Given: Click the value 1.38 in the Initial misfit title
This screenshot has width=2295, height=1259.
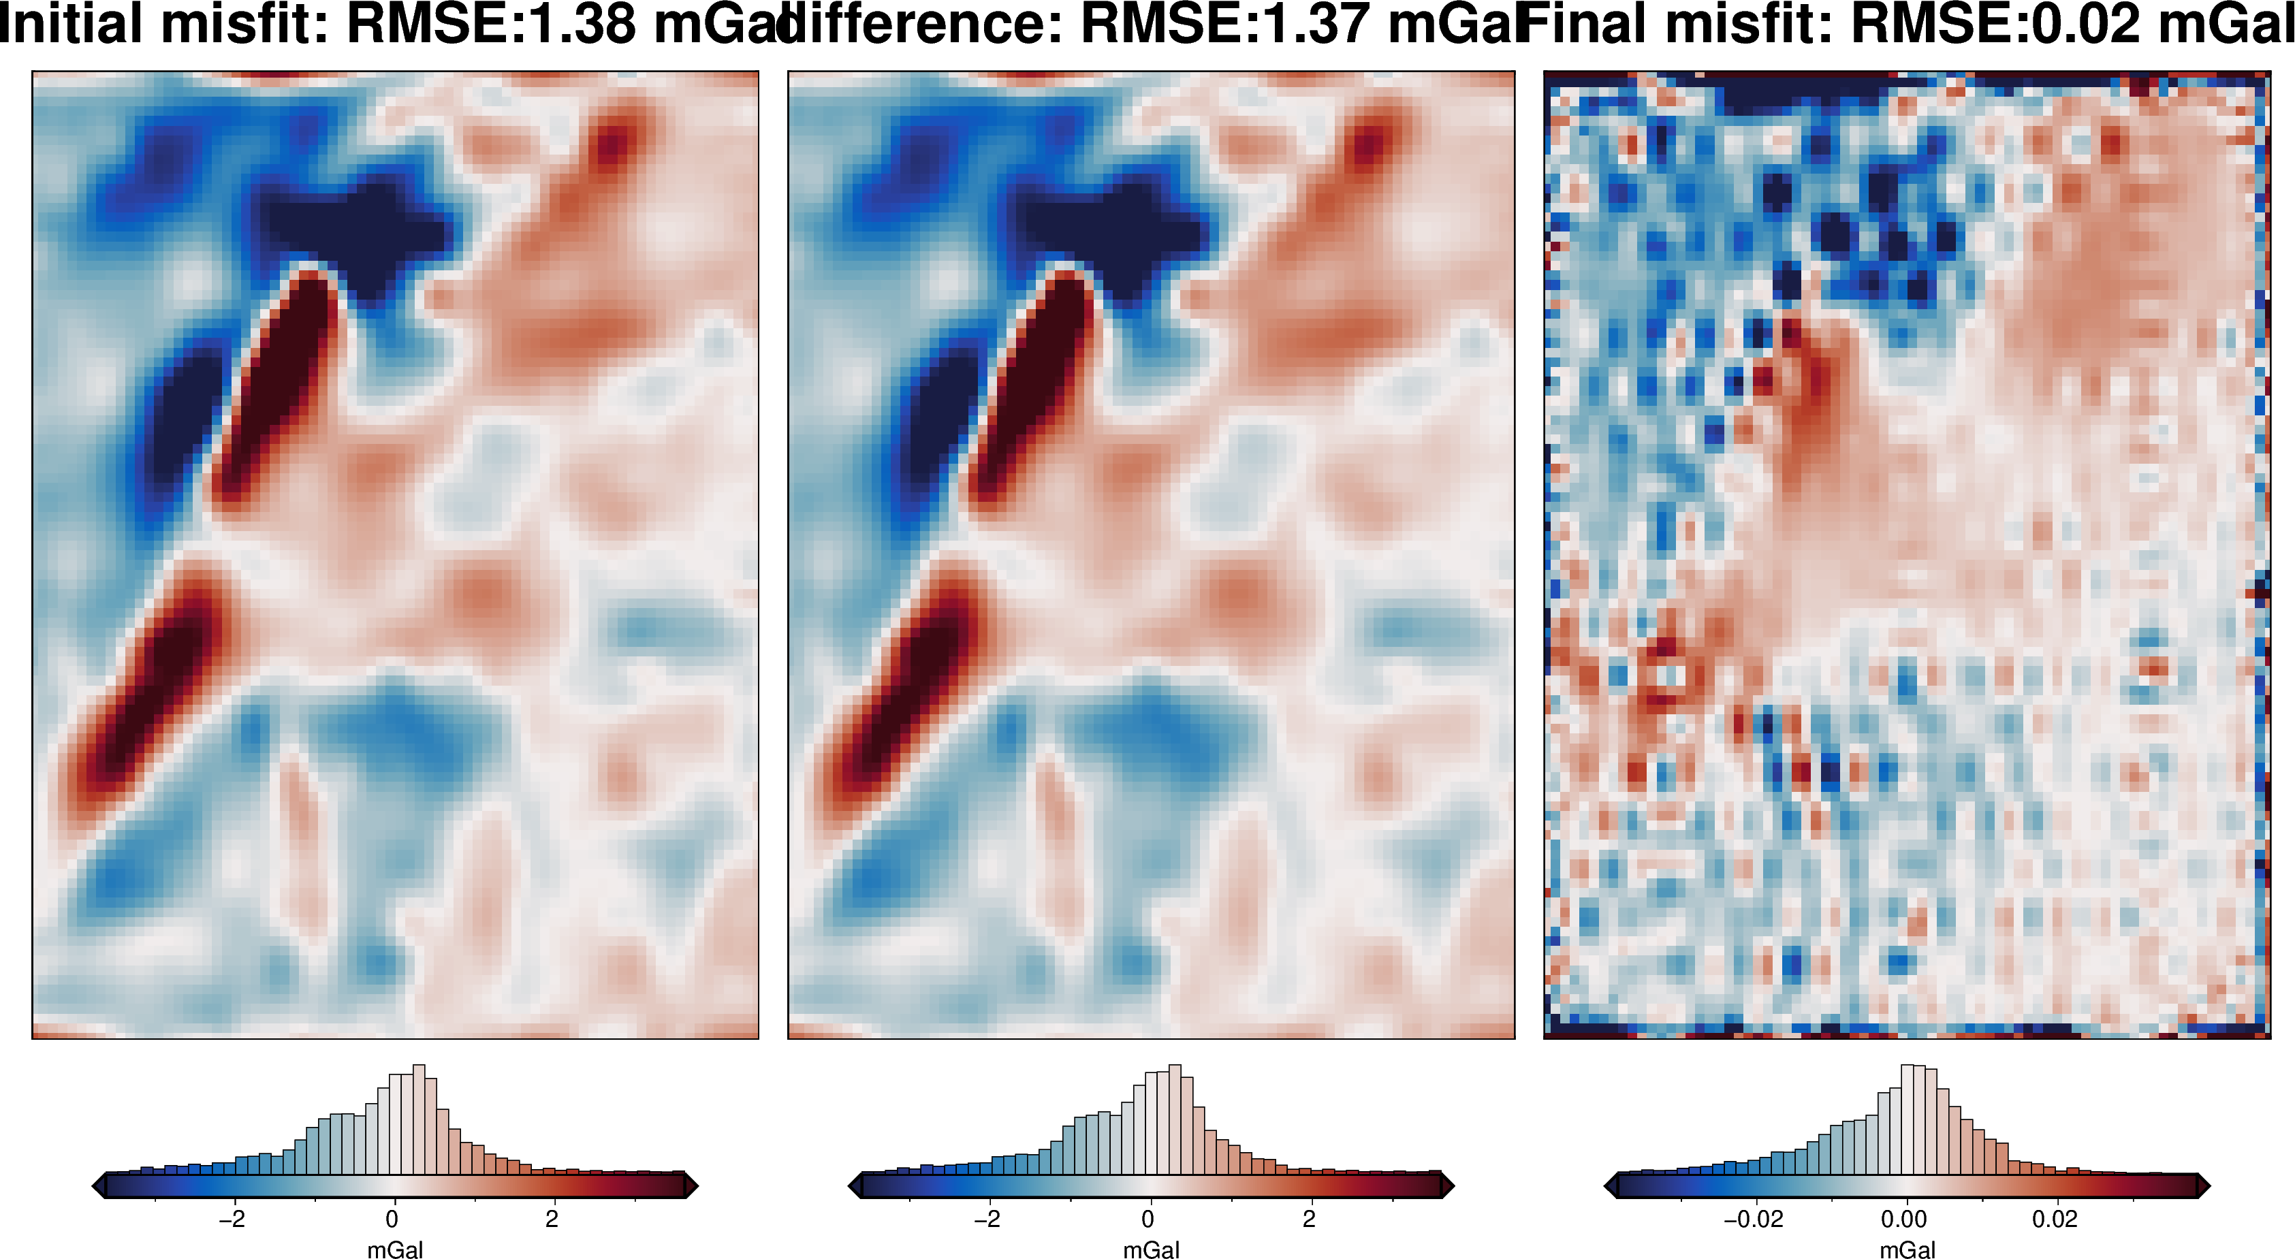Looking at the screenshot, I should point(581,24).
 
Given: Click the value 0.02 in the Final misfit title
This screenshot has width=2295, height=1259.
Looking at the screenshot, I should point(2085,24).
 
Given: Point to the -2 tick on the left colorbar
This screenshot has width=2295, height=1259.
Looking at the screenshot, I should point(232,1219).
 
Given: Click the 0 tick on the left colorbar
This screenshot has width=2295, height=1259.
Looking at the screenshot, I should point(392,1219).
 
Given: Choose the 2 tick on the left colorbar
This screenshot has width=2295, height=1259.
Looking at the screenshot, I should point(552,1219).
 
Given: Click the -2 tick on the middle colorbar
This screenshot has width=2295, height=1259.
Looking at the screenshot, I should point(987,1219).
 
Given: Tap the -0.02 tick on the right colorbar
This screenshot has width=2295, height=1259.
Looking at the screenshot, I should point(1754,1219).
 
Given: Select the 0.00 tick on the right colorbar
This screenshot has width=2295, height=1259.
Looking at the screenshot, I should point(1904,1219).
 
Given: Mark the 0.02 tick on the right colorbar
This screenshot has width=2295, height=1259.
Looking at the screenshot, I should point(2055,1219).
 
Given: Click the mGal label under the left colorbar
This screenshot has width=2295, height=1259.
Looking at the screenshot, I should point(395,1249).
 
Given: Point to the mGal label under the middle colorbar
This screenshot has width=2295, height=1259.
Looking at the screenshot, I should point(1151,1249).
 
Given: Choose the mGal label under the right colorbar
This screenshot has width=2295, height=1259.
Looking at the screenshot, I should point(1908,1249).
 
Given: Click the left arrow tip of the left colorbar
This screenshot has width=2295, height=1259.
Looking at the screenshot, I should point(96,1186).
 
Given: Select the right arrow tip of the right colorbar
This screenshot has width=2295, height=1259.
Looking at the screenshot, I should point(2206,1186).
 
